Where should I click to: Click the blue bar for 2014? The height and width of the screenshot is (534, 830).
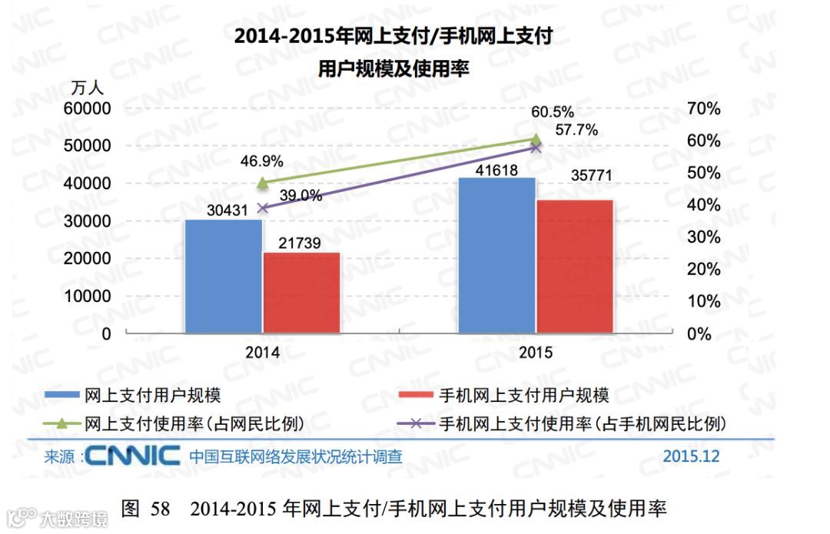(x=224, y=277)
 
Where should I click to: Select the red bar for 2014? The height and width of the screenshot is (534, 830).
(x=301, y=293)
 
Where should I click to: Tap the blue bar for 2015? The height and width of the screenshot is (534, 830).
(x=496, y=256)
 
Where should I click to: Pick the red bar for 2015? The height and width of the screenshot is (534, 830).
(x=575, y=267)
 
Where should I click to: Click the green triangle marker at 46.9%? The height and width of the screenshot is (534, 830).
(x=262, y=183)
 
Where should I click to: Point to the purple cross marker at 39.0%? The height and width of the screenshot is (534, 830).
(x=262, y=208)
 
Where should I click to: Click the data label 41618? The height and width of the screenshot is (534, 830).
(x=496, y=169)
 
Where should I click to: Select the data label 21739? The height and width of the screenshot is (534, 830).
(x=301, y=243)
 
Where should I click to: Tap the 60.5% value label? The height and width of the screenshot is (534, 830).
(x=552, y=114)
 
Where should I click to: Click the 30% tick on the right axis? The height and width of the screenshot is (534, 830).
(x=702, y=237)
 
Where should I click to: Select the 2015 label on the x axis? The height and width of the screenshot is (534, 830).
(x=536, y=353)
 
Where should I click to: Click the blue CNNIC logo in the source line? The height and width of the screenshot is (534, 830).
(x=133, y=456)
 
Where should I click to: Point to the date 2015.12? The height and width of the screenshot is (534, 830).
(x=691, y=456)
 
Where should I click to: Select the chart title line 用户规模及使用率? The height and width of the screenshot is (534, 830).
(x=393, y=68)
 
